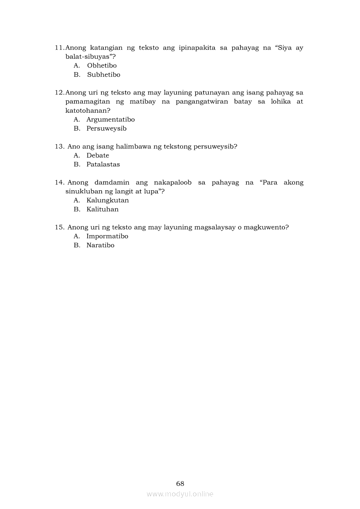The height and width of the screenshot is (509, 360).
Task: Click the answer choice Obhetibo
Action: click(102, 66)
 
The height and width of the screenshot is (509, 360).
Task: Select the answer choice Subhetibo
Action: click(103, 75)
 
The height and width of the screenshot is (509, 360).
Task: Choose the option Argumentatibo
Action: click(110, 120)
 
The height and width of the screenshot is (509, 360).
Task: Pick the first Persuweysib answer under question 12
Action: click(106, 129)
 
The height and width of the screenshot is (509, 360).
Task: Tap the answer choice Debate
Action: click(98, 155)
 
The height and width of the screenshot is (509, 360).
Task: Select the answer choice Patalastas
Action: click(103, 165)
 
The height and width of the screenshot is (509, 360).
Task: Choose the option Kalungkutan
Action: click(107, 201)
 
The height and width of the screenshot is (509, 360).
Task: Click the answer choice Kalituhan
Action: click(102, 209)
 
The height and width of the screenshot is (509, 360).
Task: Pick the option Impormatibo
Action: click(107, 236)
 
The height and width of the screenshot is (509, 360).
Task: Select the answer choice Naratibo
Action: click(100, 246)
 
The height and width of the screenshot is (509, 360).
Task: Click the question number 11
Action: click(60, 48)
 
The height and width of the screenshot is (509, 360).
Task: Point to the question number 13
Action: click(60, 147)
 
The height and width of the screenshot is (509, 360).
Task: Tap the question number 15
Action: click(60, 227)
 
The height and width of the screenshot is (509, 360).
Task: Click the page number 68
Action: click(180, 484)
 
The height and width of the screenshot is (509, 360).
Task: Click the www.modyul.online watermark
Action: click(180, 494)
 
